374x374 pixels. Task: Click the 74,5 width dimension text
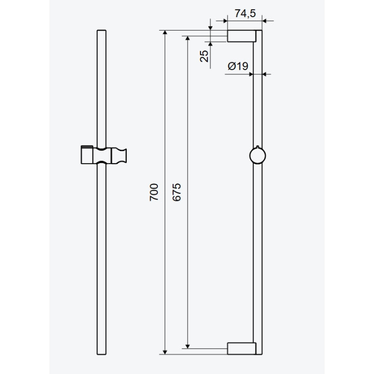245,14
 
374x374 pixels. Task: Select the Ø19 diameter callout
237,66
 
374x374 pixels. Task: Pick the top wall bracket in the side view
242,36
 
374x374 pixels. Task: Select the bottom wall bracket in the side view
242,349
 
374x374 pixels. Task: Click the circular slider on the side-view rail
257,155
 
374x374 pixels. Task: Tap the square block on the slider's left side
87,156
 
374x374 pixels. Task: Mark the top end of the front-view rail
101,33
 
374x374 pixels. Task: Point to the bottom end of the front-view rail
101,354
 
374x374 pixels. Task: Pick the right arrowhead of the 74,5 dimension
263,21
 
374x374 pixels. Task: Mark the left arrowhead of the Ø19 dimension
250,74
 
